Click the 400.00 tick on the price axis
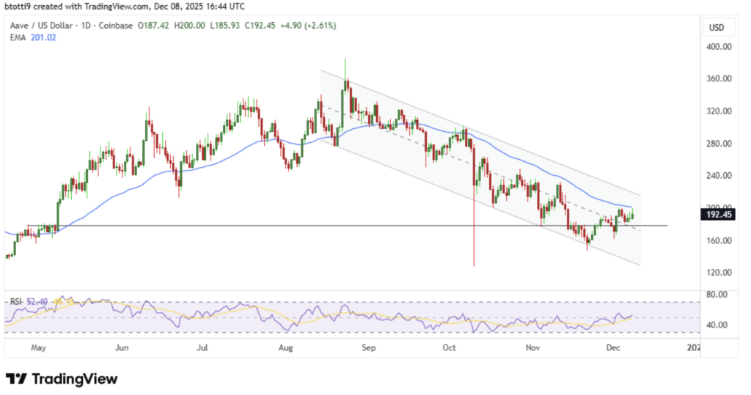[717, 47]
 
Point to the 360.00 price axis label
[717, 79]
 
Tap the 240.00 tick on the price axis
[717, 176]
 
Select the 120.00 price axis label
[717, 273]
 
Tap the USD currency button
[717, 27]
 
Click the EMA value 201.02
[42, 37]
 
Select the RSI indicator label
[15, 301]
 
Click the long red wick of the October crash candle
[474, 235]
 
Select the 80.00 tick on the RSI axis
[717, 295]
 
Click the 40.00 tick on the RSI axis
[717, 325]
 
